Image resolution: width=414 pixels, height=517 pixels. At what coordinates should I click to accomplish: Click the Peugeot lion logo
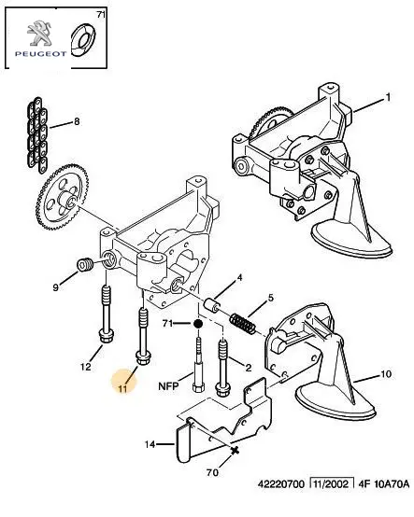click(x=39, y=33)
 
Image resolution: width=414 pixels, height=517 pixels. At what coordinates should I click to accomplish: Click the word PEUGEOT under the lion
click(x=40, y=54)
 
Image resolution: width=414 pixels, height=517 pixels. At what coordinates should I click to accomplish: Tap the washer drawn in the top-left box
click(x=83, y=39)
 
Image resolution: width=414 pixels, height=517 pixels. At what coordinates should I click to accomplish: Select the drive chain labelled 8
click(x=36, y=135)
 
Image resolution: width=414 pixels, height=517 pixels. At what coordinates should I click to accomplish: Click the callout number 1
click(x=388, y=97)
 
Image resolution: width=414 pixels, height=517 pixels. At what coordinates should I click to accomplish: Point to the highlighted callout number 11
click(x=122, y=389)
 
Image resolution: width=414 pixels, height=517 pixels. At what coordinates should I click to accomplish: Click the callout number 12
click(x=86, y=367)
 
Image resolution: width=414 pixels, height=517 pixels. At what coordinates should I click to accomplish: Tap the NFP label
click(x=168, y=386)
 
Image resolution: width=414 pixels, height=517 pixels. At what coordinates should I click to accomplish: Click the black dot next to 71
click(x=198, y=324)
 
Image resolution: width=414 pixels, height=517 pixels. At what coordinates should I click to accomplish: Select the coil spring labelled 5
click(x=243, y=324)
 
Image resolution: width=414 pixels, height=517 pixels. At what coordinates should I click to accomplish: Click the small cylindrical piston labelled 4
click(x=211, y=305)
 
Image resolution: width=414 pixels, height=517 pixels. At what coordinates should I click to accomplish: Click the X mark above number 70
click(x=235, y=451)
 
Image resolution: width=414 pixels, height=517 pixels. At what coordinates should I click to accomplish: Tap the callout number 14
click(x=150, y=444)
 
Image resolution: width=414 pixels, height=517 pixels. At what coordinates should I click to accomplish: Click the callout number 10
click(x=386, y=374)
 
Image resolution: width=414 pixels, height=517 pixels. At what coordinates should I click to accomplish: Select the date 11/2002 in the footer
click(x=332, y=484)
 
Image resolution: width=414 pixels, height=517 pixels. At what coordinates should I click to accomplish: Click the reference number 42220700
click(x=281, y=484)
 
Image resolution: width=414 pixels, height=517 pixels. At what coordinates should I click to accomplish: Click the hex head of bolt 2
click(x=221, y=390)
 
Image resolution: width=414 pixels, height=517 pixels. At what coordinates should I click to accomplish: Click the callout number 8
click(x=77, y=121)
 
